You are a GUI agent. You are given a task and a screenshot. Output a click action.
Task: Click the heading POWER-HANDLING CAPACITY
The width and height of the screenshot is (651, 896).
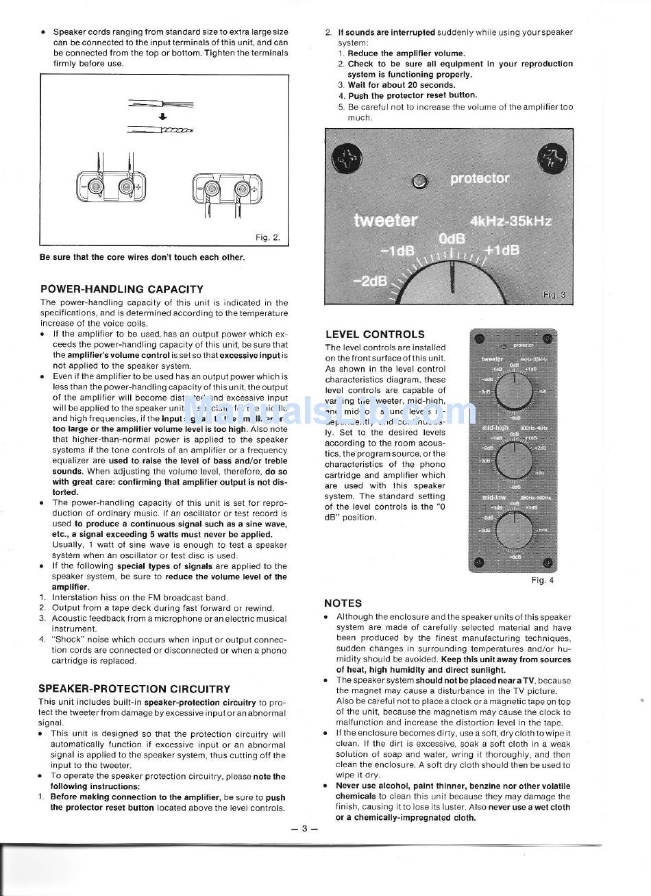coord(121,289)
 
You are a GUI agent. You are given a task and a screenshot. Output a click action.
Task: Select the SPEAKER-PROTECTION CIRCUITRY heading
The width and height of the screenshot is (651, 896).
coord(134,689)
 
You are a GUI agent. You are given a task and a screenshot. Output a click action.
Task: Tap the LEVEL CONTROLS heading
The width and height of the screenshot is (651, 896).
coord(375,335)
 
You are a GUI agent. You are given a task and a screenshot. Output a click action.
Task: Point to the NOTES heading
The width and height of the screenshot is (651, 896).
coord(343,603)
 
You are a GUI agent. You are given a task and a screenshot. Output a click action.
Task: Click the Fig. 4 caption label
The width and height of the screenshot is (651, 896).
coord(542,581)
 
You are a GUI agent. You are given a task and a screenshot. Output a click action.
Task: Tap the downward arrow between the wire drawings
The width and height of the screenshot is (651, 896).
coord(162,117)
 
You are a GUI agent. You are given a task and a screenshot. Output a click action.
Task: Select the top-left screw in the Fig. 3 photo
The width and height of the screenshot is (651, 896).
coord(343,160)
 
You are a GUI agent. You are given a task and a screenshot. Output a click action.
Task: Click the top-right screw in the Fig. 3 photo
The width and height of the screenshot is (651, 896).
coord(552,158)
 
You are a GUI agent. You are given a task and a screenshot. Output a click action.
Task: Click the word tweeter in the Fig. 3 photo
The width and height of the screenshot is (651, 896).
coord(385,220)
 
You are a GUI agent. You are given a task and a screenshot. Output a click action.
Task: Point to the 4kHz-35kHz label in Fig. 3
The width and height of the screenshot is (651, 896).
coord(511,221)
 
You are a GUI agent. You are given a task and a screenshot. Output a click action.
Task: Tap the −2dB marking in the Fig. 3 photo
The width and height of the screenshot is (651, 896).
coord(370,280)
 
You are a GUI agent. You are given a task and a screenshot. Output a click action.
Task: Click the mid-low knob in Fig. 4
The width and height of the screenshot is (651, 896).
coord(513,529)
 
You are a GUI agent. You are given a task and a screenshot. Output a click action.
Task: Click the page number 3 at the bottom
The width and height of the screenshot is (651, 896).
coord(305,828)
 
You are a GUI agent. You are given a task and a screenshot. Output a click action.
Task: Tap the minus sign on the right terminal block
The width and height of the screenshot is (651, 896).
coord(199,189)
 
